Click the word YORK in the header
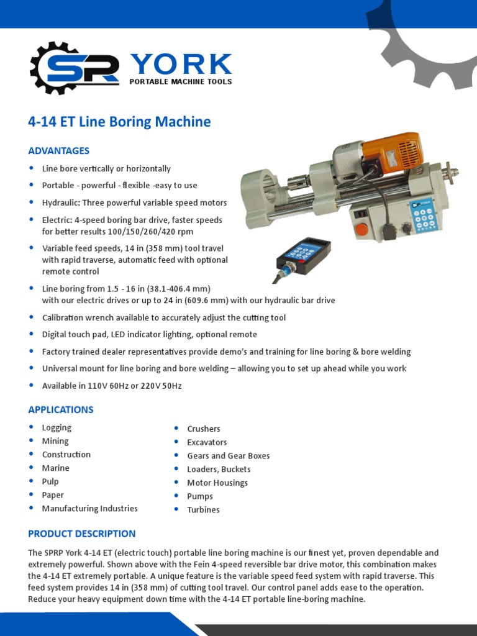pos(181,64)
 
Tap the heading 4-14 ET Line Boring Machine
pos(119,122)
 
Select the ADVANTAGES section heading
pos(59,151)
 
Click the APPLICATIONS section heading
pos(61,410)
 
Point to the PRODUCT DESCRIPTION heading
pos(81,534)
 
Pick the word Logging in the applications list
pos(57,427)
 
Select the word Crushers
pos(204,429)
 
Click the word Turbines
pos(203,510)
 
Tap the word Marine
pos(56,468)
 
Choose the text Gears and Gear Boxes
pos(229,456)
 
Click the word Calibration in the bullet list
pos(62,317)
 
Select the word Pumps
pos(200,496)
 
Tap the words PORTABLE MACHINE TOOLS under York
pos(180,81)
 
